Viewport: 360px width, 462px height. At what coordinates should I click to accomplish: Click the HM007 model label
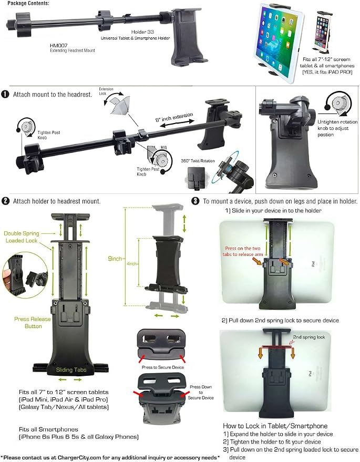(x=59, y=45)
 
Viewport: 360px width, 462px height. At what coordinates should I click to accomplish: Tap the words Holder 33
(x=142, y=32)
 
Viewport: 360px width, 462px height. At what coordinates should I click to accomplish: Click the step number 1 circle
(x=5, y=94)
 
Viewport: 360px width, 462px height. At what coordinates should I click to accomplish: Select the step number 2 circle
(x=5, y=201)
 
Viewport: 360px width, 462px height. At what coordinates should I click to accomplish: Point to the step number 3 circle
(x=195, y=201)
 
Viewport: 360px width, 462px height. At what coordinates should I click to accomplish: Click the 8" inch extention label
(x=174, y=117)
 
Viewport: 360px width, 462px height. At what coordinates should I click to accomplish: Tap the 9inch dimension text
(x=115, y=259)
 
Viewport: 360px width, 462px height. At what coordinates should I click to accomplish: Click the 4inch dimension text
(x=132, y=264)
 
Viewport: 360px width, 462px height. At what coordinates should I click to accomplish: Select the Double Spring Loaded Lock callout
(x=22, y=237)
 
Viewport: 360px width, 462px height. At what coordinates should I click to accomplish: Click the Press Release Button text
(x=33, y=323)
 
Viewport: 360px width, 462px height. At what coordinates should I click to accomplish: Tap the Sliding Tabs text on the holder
(x=71, y=370)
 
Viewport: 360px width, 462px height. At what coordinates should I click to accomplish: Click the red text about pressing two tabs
(x=243, y=251)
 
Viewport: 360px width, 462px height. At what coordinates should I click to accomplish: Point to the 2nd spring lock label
(x=308, y=337)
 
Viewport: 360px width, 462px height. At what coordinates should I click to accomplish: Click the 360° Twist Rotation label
(x=198, y=161)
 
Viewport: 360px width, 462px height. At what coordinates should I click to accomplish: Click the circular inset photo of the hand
(x=25, y=275)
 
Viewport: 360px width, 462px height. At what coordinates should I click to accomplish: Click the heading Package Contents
(x=28, y=3)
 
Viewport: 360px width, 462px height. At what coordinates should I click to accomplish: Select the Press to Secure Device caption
(x=162, y=367)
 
